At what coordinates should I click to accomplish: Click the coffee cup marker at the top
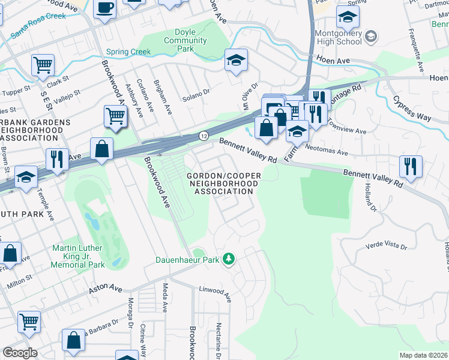coord(106,9)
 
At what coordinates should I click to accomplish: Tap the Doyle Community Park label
coord(185,41)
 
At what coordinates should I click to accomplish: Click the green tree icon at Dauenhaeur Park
coord(228,259)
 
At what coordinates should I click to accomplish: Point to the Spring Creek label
coord(128,52)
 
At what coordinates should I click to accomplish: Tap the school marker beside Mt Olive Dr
coord(237,60)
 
